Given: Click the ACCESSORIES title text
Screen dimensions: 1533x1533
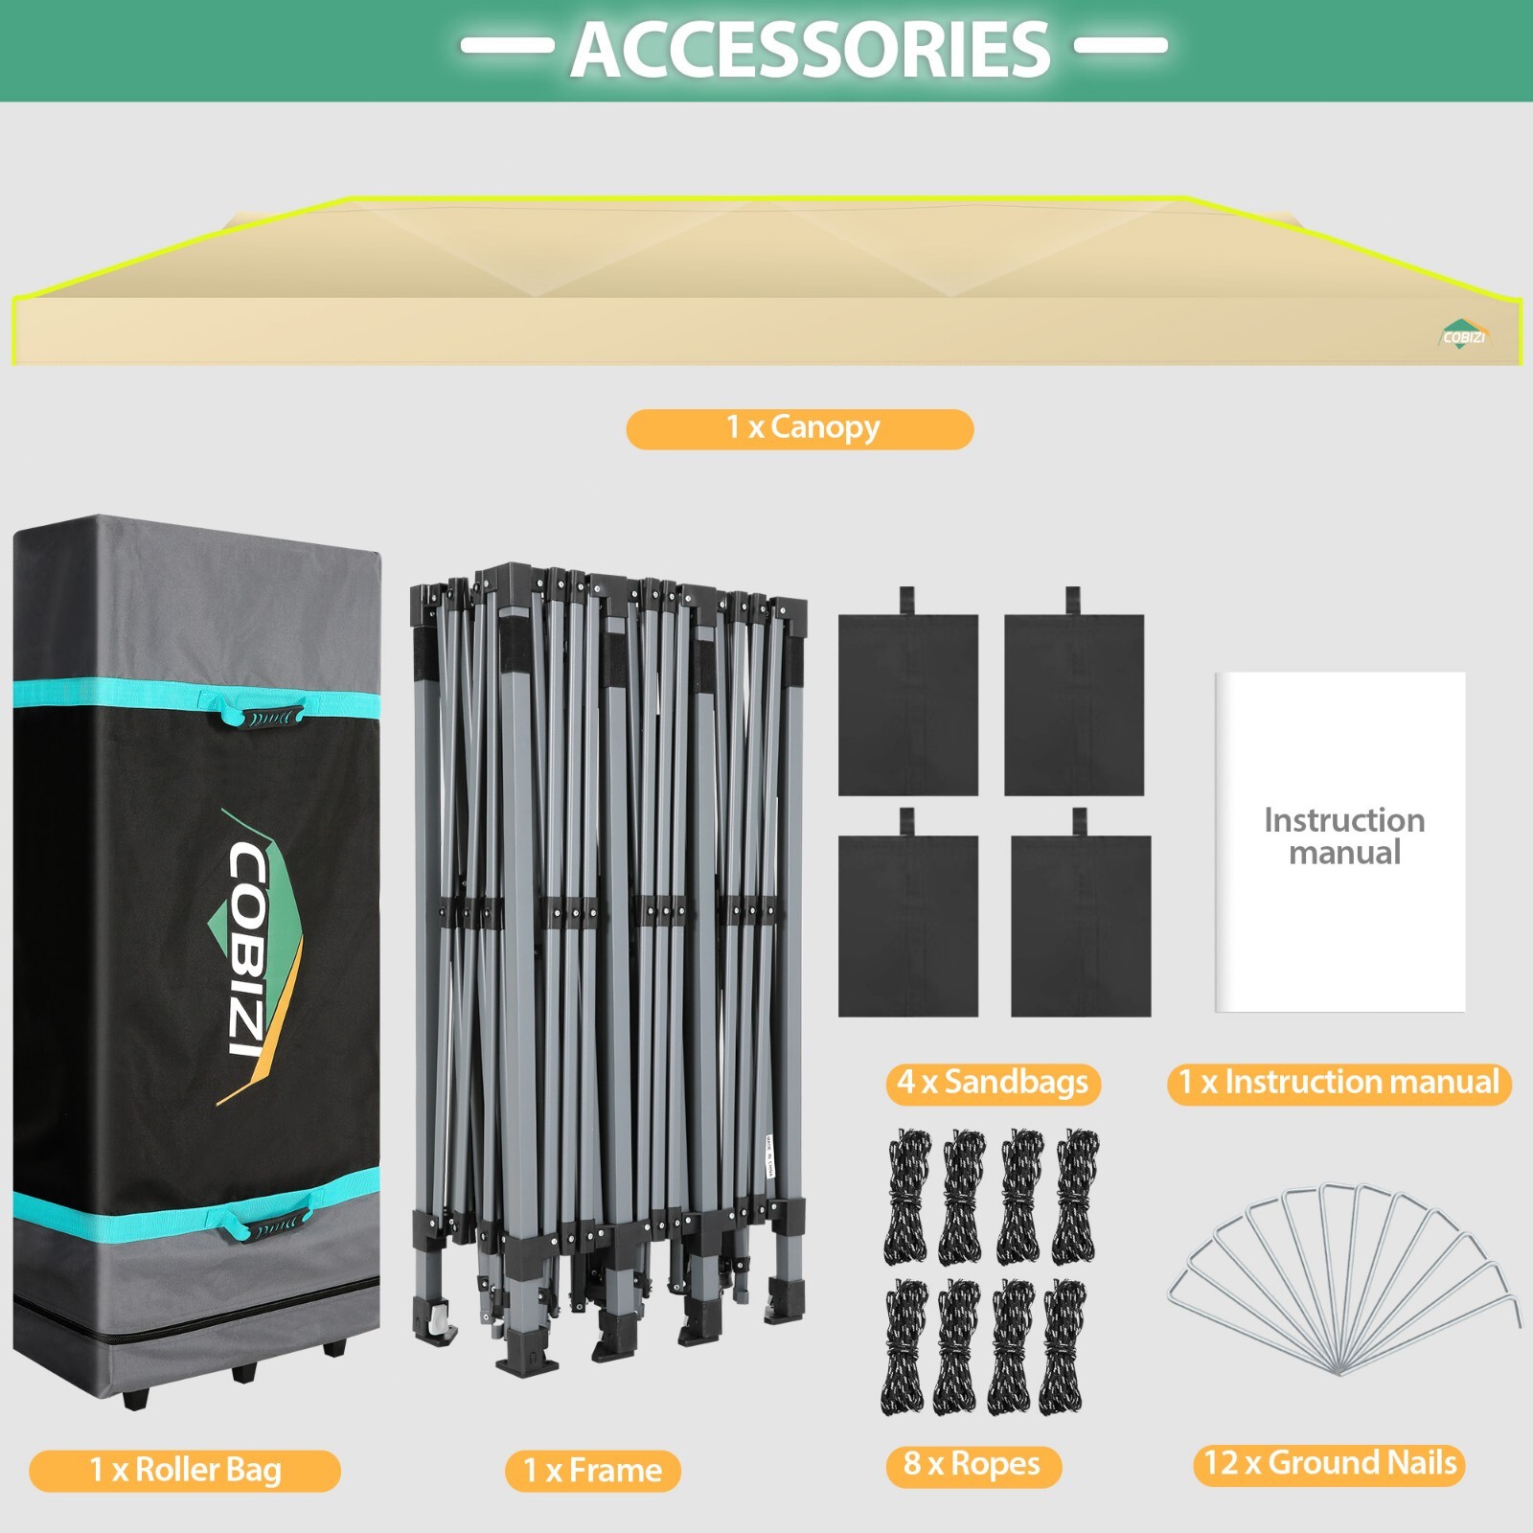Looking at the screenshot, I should [x=811, y=50].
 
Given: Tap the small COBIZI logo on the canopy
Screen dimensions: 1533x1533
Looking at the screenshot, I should [x=1462, y=335].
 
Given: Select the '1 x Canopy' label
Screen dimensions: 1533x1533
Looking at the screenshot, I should [x=800, y=428].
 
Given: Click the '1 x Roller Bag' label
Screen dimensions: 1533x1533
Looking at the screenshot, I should [x=185, y=1470].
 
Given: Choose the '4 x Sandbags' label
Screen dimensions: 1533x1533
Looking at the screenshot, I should [x=993, y=1083].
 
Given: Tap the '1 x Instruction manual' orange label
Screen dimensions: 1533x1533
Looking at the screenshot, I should [x=1339, y=1083].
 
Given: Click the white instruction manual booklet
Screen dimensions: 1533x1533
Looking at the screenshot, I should [x=1340, y=841].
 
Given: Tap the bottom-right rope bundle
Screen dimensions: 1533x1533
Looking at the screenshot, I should [x=1064, y=1346].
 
